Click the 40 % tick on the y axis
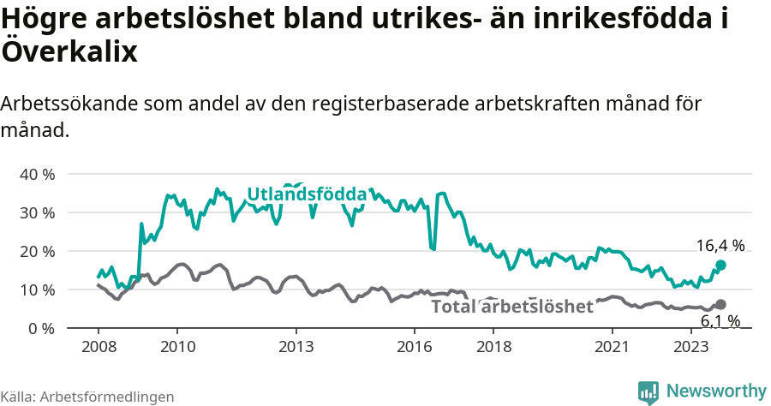tap(37, 174)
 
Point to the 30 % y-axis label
tap(37, 212)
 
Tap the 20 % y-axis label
tap(37, 251)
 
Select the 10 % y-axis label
tap(37, 290)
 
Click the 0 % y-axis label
tap(40, 328)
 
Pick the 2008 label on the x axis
tap(98, 347)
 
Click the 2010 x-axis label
tap(177, 347)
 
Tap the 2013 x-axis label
tap(296, 347)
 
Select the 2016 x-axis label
tap(415, 347)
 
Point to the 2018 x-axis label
tap(493, 347)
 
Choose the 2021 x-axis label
tap(613, 347)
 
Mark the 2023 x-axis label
tap(691, 347)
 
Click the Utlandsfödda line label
tap(307, 194)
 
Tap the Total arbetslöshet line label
tap(511, 307)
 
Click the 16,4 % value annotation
tap(720, 246)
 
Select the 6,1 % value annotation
tap(720, 322)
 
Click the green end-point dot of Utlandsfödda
tap(720, 266)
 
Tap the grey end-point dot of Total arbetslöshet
tap(720, 305)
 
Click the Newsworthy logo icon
tap(648, 391)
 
